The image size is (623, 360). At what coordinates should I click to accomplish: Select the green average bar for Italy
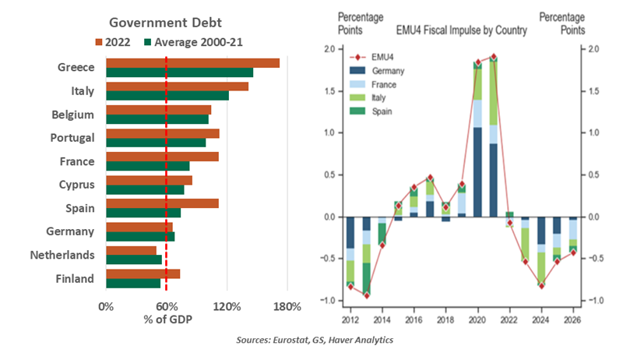(167, 96)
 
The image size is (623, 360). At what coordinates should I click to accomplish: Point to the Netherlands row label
(62, 255)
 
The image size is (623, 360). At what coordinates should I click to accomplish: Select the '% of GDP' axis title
(168, 320)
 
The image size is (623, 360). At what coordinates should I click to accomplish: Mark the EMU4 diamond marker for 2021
(494, 57)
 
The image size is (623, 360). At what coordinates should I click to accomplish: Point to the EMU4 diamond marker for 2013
(366, 295)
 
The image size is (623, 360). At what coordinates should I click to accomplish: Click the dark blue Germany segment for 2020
(477, 171)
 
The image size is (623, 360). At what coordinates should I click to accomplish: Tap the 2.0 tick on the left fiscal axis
(329, 49)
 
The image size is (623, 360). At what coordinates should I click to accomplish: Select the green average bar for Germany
(140, 236)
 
